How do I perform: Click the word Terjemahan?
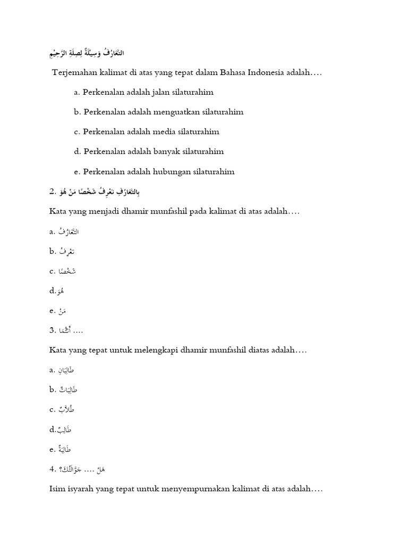tap(72, 72)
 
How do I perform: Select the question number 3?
tap(52, 331)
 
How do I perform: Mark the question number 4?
tap(52, 469)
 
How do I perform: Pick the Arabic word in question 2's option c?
tap(67, 271)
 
